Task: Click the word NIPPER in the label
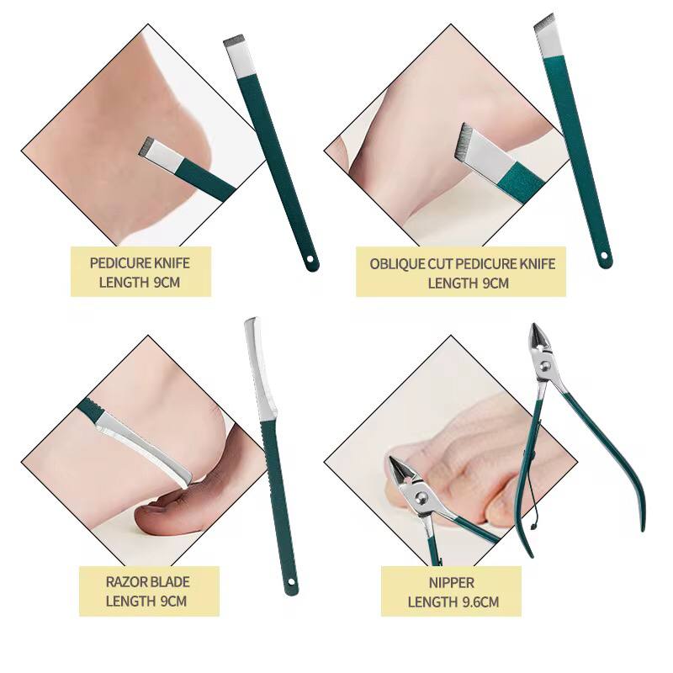451,582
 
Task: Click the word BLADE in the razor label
170,581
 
